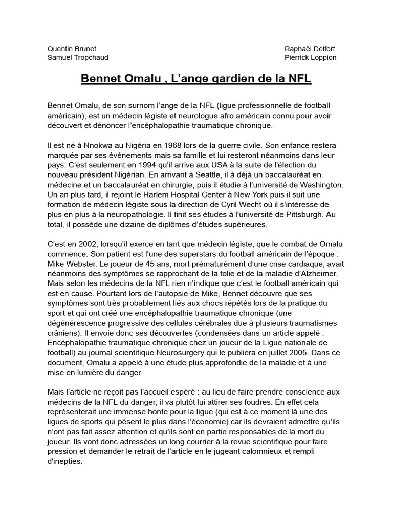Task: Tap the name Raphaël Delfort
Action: pyautogui.click(x=310, y=49)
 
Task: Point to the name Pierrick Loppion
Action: pyautogui.click(x=311, y=58)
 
